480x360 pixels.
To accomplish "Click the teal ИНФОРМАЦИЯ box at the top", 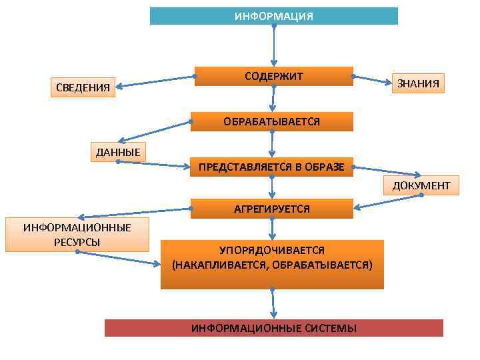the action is click(x=273, y=16).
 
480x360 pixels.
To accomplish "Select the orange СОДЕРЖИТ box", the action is click(x=273, y=76).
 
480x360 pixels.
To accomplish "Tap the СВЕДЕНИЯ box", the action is click(x=83, y=87).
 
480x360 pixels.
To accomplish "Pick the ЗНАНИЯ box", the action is click(x=418, y=83).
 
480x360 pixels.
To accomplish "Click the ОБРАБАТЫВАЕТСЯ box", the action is click(x=271, y=121).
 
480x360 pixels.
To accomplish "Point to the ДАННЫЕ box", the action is click(x=118, y=152).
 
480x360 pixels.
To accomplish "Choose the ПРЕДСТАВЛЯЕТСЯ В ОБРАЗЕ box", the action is click(x=271, y=167).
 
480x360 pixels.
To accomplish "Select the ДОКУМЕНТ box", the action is click(x=421, y=185).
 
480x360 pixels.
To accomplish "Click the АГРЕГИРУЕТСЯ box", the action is click(x=271, y=209).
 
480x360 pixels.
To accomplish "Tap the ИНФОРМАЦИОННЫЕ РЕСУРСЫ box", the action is click(x=77, y=235).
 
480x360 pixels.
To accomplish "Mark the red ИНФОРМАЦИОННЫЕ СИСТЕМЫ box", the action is click(x=273, y=328).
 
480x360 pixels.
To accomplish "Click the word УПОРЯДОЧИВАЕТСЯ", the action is click(x=272, y=250).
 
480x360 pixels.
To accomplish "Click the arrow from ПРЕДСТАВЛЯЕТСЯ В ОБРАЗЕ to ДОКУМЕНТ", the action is click(x=387, y=173).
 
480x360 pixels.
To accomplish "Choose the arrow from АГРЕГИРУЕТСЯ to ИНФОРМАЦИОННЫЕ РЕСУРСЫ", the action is click(x=133, y=213).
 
